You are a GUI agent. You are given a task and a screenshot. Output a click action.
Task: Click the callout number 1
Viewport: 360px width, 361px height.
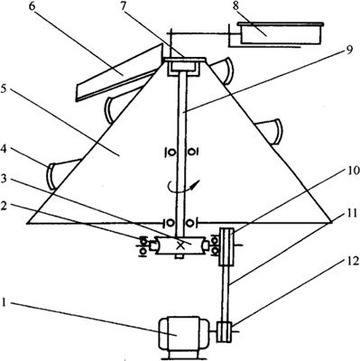click(4, 301)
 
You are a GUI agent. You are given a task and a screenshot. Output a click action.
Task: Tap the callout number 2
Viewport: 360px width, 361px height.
click(5, 206)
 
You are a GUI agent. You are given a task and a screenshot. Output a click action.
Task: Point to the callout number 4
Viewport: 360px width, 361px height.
click(4, 148)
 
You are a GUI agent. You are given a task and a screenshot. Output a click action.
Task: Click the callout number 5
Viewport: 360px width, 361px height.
click(4, 89)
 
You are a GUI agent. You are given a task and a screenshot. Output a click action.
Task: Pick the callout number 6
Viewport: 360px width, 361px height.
click(32, 6)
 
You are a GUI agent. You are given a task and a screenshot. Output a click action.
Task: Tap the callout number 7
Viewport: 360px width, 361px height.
click(123, 6)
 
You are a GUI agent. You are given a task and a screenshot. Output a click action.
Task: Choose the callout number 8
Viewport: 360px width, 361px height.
click(235, 6)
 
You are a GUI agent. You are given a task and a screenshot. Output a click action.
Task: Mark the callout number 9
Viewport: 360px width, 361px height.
click(348, 50)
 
